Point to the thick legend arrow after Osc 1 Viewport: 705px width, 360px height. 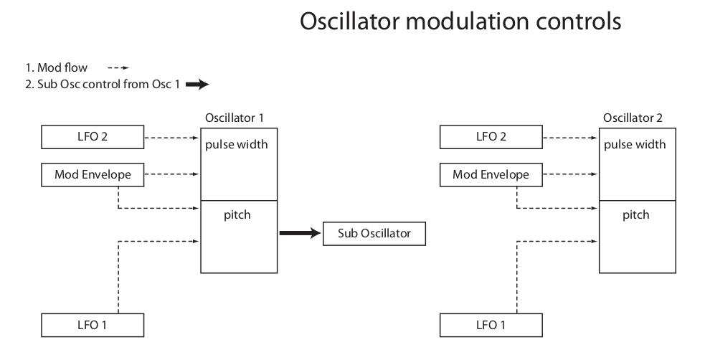click(x=197, y=85)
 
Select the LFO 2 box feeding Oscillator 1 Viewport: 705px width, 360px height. click(x=93, y=136)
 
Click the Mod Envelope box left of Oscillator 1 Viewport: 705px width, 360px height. click(x=93, y=173)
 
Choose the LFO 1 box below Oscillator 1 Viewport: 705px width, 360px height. click(x=93, y=326)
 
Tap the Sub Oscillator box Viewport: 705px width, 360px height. click(x=374, y=234)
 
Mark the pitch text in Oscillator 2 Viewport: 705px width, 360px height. click(x=635, y=215)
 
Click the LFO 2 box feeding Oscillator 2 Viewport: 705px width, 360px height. click(x=491, y=136)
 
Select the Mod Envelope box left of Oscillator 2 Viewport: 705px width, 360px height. click(x=491, y=173)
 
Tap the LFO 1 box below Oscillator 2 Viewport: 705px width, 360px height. click(x=491, y=326)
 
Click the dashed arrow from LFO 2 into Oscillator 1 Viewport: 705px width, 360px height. click(x=172, y=136)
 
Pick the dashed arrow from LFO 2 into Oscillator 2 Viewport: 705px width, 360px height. click(x=571, y=136)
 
